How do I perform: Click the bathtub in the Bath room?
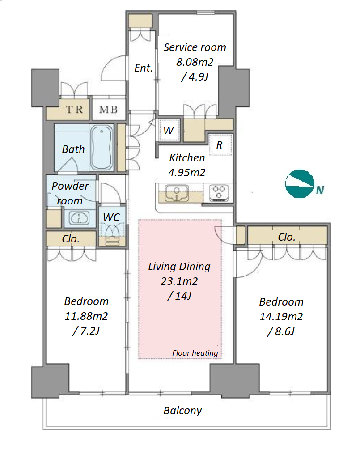(101, 148)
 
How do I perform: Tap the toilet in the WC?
(112, 234)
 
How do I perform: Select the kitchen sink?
(177, 193)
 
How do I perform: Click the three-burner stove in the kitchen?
(219, 193)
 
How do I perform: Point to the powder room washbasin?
(80, 218)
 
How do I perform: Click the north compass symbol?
(299, 184)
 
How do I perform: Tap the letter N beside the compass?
(320, 190)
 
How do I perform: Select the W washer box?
(169, 130)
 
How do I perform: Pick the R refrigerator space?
(220, 145)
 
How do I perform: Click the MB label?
(108, 109)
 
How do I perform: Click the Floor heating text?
(195, 353)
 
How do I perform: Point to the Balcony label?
(182, 411)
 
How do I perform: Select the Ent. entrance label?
(144, 68)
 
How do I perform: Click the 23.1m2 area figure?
(179, 281)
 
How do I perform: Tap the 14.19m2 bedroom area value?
(281, 317)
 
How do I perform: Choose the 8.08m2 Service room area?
(195, 62)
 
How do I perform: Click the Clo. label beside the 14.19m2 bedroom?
(286, 237)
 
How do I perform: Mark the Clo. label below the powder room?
(71, 239)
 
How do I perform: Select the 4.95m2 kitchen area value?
(187, 173)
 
